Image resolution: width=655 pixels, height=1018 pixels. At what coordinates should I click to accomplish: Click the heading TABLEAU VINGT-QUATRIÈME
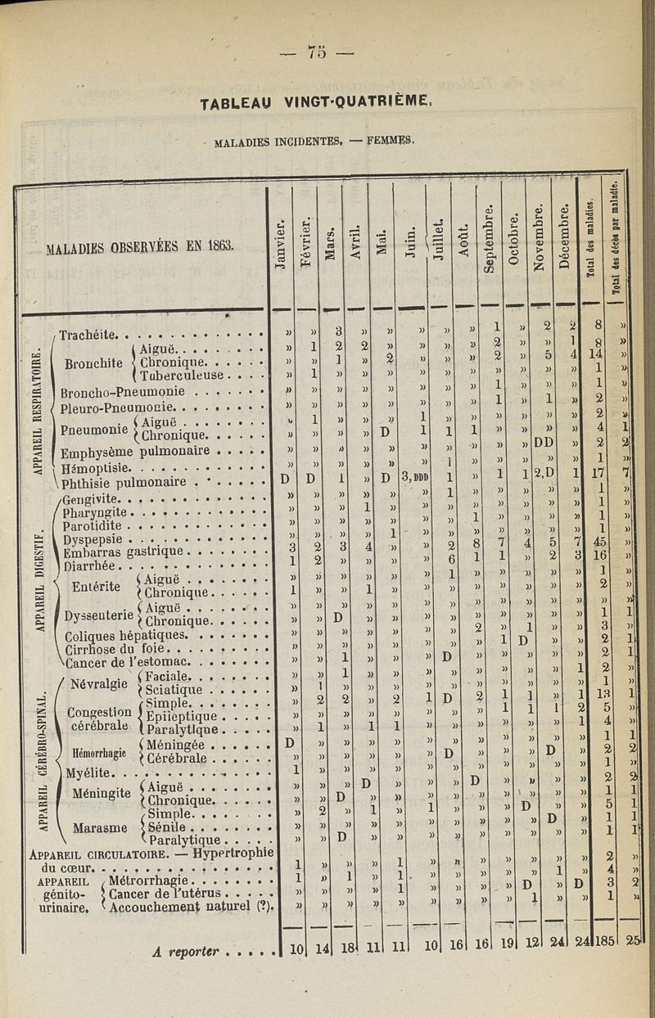pos(315,105)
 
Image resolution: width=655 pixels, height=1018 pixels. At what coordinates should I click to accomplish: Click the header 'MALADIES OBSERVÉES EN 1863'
pos(139,245)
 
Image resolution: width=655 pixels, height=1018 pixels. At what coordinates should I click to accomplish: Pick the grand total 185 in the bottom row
pos(600,949)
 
